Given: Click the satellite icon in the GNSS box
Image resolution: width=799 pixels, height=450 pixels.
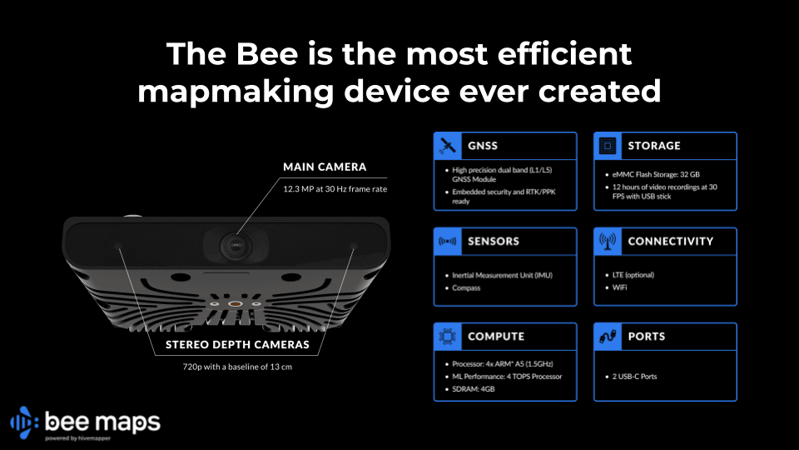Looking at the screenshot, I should tap(447, 146).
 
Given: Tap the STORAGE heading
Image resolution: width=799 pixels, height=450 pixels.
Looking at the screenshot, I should tap(653, 146).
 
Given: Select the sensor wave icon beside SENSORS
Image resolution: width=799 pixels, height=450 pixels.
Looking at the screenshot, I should tap(447, 241).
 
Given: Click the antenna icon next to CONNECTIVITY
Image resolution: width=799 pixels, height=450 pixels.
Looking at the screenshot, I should tap(607, 241).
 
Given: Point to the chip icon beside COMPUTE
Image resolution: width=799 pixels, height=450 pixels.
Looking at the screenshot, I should tap(447, 337).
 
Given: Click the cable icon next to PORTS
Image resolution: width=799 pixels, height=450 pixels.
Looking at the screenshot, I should tap(607, 337).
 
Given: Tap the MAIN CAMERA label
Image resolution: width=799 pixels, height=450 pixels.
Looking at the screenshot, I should tap(324, 167).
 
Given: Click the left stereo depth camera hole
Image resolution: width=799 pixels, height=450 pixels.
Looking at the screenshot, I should tap(117, 247).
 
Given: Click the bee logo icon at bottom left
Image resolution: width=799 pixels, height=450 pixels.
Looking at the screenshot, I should tap(23, 423).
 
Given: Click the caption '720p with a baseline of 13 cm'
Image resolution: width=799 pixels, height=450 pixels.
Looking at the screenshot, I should tap(237, 365).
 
